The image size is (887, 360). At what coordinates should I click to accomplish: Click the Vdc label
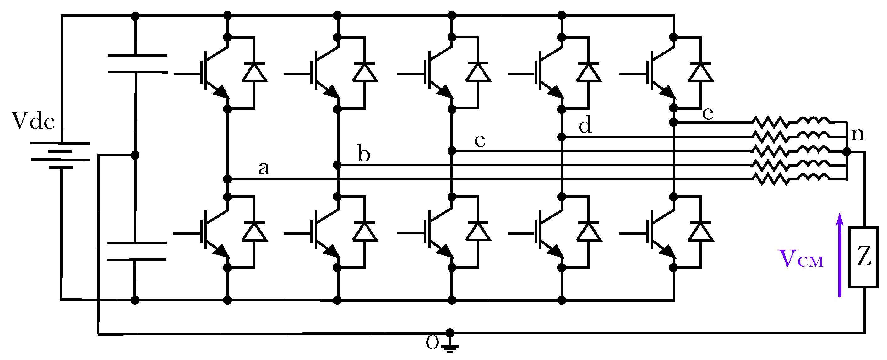pyautogui.click(x=33, y=121)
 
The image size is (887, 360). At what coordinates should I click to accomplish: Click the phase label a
pyautogui.click(x=264, y=169)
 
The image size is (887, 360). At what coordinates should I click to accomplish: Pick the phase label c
pyautogui.click(x=480, y=140)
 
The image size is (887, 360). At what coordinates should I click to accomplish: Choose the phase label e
pyautogui.click(x=708, y=113)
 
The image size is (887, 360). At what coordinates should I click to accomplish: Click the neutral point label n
pyautogui.click(x=857, y=134)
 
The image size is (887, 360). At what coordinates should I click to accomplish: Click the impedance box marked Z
pyautogui.click(x=863, y=257)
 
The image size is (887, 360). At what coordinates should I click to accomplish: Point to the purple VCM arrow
pyautogui.click(x=840, y=255)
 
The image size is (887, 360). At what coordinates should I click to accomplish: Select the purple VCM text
pyautogui.click(x=801, y=259)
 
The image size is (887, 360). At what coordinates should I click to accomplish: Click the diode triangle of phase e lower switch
pyautogui.click(x=700, y=232)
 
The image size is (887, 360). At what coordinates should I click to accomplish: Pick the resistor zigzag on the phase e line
pyautogui.click(x=770, y=122)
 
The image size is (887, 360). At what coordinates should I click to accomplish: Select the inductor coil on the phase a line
pyautogui.click(x=813, y=178)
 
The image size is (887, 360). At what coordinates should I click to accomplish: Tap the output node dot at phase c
pyautogui.click(x=452, y=150)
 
